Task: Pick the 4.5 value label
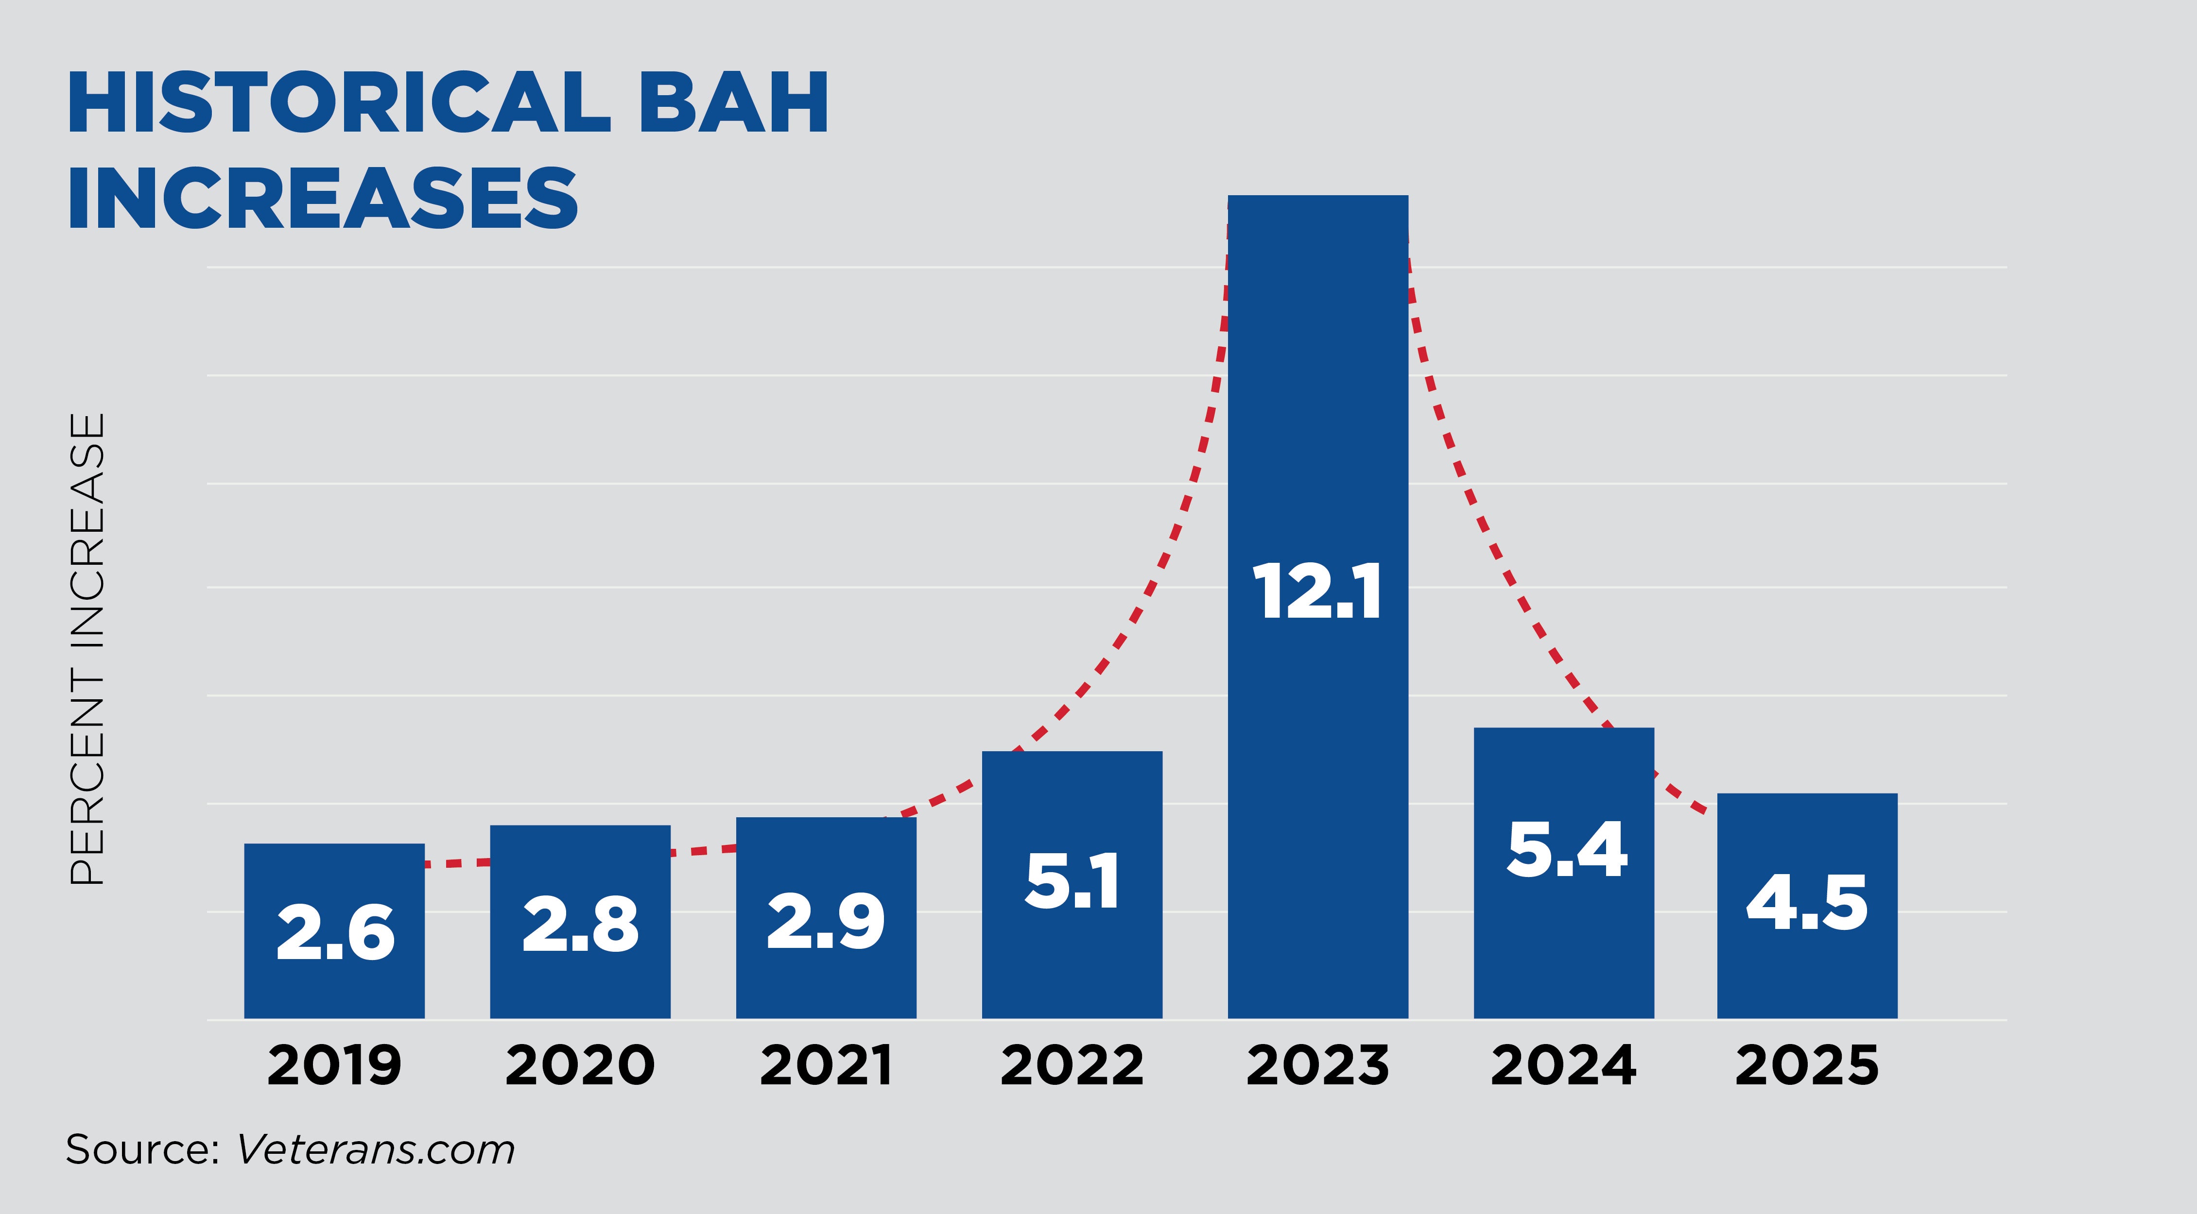click(1807, 902)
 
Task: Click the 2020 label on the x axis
click(580, 1066)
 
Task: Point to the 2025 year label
click(1807, 1066)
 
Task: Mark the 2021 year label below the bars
click(826, 1066)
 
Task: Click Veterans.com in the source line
click(375, 1150)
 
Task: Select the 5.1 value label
click(1072, 881)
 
